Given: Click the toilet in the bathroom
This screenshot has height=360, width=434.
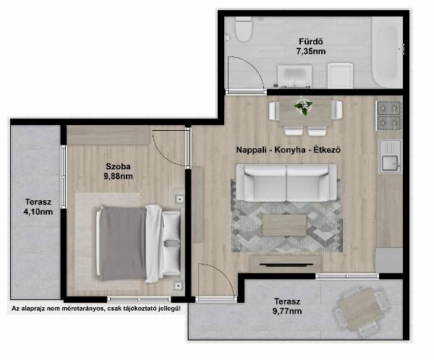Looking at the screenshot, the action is pos(243,29).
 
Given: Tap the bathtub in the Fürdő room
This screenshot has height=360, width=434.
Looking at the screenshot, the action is pos(387,52).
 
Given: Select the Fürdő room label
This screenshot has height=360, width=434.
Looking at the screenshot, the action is pos(311,41).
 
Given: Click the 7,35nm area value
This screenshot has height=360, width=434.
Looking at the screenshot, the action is pos(311,51).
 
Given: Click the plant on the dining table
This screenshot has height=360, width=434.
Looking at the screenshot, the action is pos(303,106).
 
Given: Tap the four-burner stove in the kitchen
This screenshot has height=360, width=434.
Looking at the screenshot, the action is pos(389,115).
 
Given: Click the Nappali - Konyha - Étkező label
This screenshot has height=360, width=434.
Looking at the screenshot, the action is pos(288,150).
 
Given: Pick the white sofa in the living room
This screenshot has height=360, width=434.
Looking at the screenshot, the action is pos(286,183).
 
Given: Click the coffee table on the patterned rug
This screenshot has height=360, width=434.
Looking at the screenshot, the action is pos(284,226).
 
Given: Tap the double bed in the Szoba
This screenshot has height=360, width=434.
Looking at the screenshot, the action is pos(138,244).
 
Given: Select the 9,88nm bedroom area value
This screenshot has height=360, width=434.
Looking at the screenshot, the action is pos(118,176).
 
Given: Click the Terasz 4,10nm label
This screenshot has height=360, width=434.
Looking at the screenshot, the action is pos(38,207).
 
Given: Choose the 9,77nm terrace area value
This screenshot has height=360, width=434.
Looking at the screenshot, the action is pos(287,312).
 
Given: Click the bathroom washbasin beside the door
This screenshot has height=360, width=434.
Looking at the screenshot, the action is pos(294,75).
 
